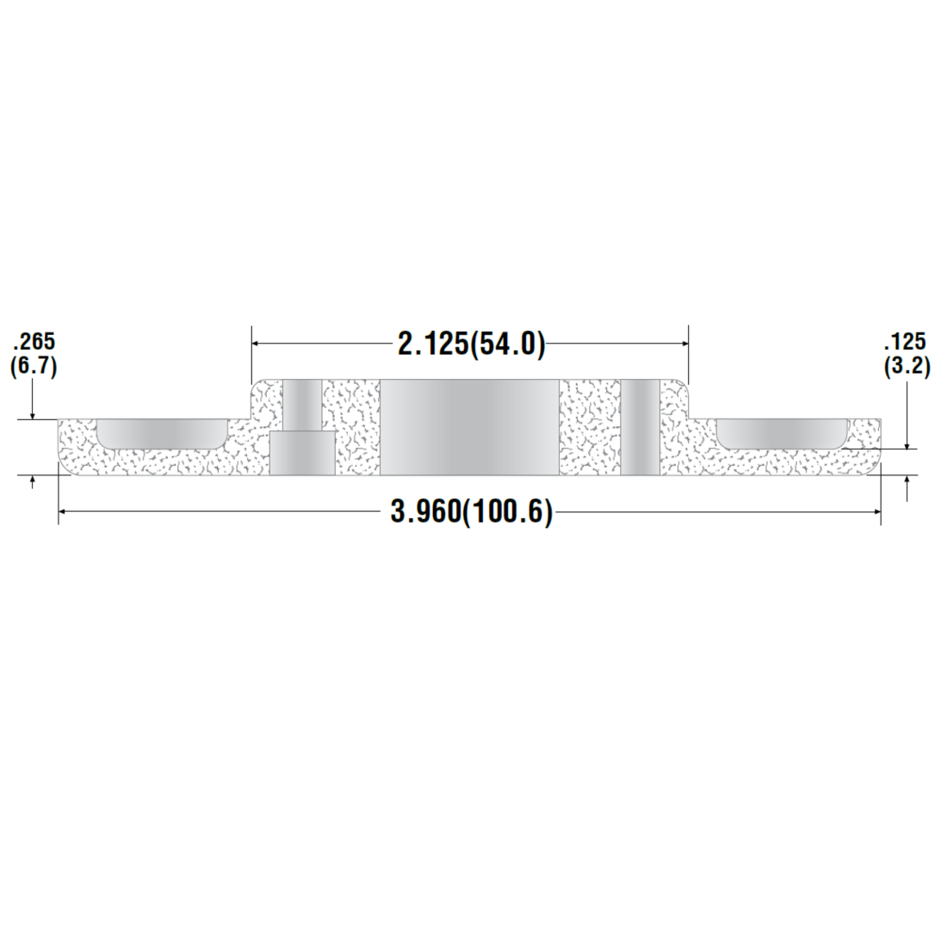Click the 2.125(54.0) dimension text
pyautogui.click(x=471, y=344)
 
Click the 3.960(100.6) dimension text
pyautogui.click(x=471, y=512)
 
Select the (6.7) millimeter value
pyautogui.click(x=33, y=366)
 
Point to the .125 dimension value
pyautogui.click(x=907, y=343)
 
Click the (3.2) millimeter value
pyautogui.click(x=907, y=366)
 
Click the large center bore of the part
pyautogui.click(x=469, y=427)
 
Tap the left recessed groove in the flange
pyautogui.click(x=161, y=433)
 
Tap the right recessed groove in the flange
pyautogui.click(x=782, y=433)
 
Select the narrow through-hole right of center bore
pyautogui.click(x=640, y=427)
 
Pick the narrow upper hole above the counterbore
pyautogui.click(x=303, y=405)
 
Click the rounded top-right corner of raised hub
pyautogui.click(x=684, y=384)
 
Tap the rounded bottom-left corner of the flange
pyautogui.click(x=64, y=469)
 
